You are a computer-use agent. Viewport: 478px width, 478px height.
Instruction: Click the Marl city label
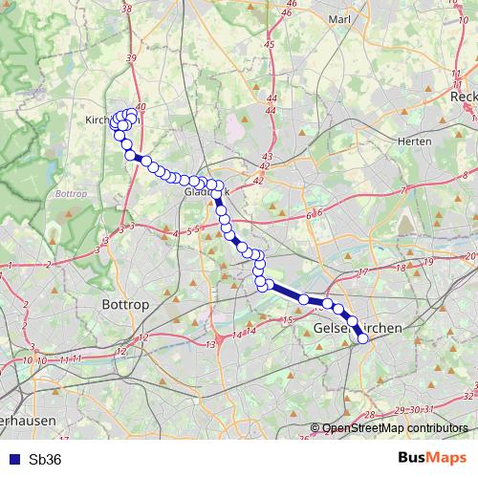(x=339, y=18)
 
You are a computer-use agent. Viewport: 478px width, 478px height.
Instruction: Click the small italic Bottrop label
(x=71, y=192)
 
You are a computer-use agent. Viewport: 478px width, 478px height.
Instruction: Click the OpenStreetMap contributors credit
(x=394, y=429)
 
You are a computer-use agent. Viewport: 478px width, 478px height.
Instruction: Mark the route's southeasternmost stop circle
(x=362, y=337)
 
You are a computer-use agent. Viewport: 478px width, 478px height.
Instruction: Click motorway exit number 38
(x=127, y=9)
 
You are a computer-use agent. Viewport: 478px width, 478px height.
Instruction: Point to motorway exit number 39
(x=131, y=58)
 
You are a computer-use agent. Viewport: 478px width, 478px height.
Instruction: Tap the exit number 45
(x=270, y=44)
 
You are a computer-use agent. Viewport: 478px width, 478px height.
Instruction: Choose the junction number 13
(x=210, y=343)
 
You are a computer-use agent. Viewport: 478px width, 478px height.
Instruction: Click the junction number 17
(x=362, y=273)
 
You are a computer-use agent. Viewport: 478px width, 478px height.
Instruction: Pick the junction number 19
(x=428, y=261)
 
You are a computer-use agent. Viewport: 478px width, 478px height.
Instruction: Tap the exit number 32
(x=467, y=394)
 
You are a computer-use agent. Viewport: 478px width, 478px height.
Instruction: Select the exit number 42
(x=257, y=180)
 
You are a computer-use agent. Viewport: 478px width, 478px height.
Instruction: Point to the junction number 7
(x=404, y=190)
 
